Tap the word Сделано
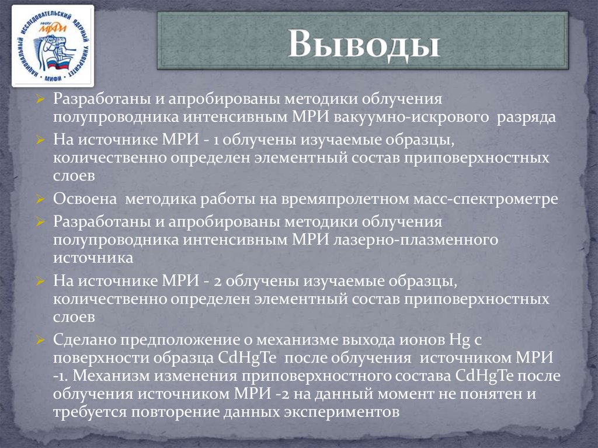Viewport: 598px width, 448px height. [85, 339]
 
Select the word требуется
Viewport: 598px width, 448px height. [85, 411]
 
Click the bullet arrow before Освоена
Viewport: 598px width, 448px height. [39, 199]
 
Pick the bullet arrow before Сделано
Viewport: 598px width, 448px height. [39, 339]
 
